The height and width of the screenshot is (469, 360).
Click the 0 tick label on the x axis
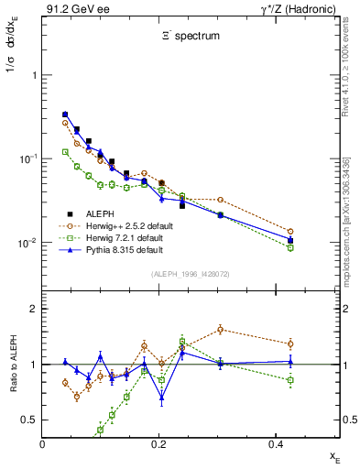click(43, 442)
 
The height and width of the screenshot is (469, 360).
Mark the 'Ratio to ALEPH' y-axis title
click(12, 366)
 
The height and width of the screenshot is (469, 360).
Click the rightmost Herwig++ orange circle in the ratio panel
click(290, 344)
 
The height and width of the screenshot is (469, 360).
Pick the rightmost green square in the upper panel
click(290, 247)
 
